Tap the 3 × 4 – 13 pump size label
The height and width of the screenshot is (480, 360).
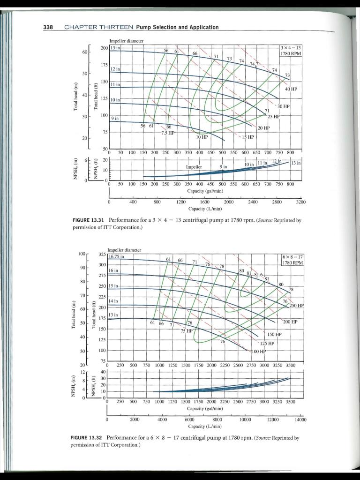[x=291, y=48]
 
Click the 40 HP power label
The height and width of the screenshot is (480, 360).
[x=291, y=89]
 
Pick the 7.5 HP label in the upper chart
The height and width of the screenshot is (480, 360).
[x=167, y=133]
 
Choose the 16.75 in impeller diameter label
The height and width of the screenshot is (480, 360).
[x=116, y=256]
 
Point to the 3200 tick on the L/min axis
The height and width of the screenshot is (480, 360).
[x=300, y=202]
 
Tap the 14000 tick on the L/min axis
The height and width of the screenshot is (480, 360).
[x=300, y=420]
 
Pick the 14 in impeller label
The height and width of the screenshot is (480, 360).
[x=113, y=300]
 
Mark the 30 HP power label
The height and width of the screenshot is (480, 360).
[x=284, y=106]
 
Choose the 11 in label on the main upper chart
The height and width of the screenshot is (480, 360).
[x=115, y=84]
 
